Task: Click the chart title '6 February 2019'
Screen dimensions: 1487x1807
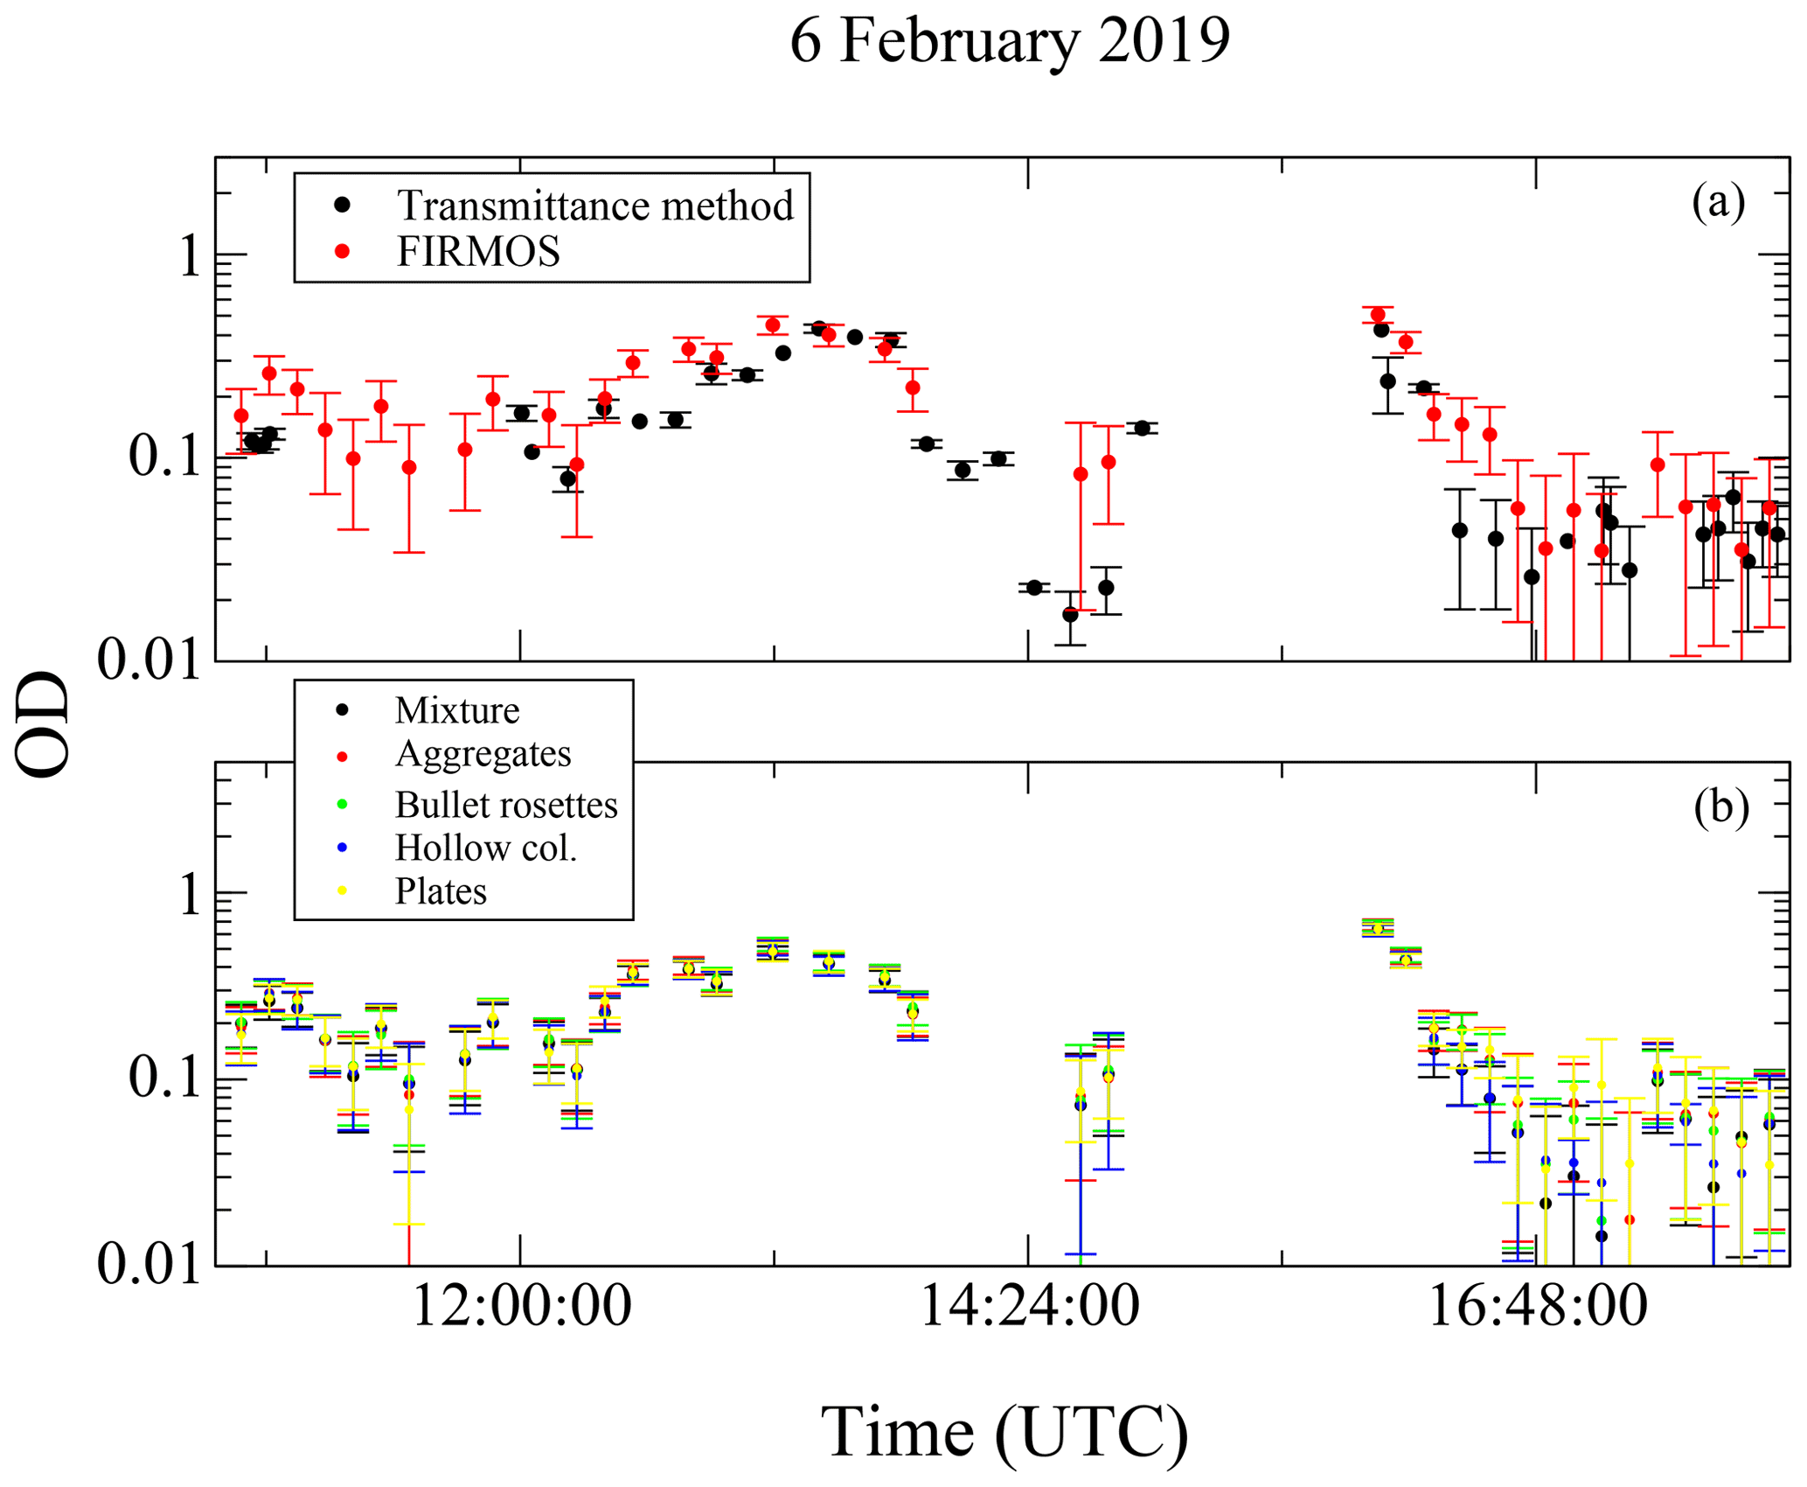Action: pos(1009,40)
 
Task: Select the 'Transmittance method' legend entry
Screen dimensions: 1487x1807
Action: pos(594,206)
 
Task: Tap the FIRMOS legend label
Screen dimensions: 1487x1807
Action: pos(478,252)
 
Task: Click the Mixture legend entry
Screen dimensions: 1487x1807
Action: pos(456,710)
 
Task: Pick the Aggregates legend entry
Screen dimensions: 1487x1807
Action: pos(483,754)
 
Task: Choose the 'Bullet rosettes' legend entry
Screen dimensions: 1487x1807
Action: pos(505,805)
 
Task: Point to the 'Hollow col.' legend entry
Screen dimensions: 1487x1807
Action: pos(486,848)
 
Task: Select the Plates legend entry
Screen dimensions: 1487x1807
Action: pos(441,891)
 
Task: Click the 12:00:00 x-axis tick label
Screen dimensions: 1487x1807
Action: pos(521,1307)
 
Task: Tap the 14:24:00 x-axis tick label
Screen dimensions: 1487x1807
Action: pos(1029,1307)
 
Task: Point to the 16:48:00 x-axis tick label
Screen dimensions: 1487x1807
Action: pos(1537,1307)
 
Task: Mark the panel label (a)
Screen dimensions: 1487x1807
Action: pos(1718,201)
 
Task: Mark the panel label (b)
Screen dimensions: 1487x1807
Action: pos(1720,806)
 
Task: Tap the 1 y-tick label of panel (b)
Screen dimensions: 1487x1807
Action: pos(188,896)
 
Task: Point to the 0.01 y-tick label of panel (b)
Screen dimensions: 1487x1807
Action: pos(149,1265)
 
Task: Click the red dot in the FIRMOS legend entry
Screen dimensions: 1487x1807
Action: pos(343,252)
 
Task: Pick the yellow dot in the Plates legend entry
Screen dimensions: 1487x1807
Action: pos(343,891)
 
